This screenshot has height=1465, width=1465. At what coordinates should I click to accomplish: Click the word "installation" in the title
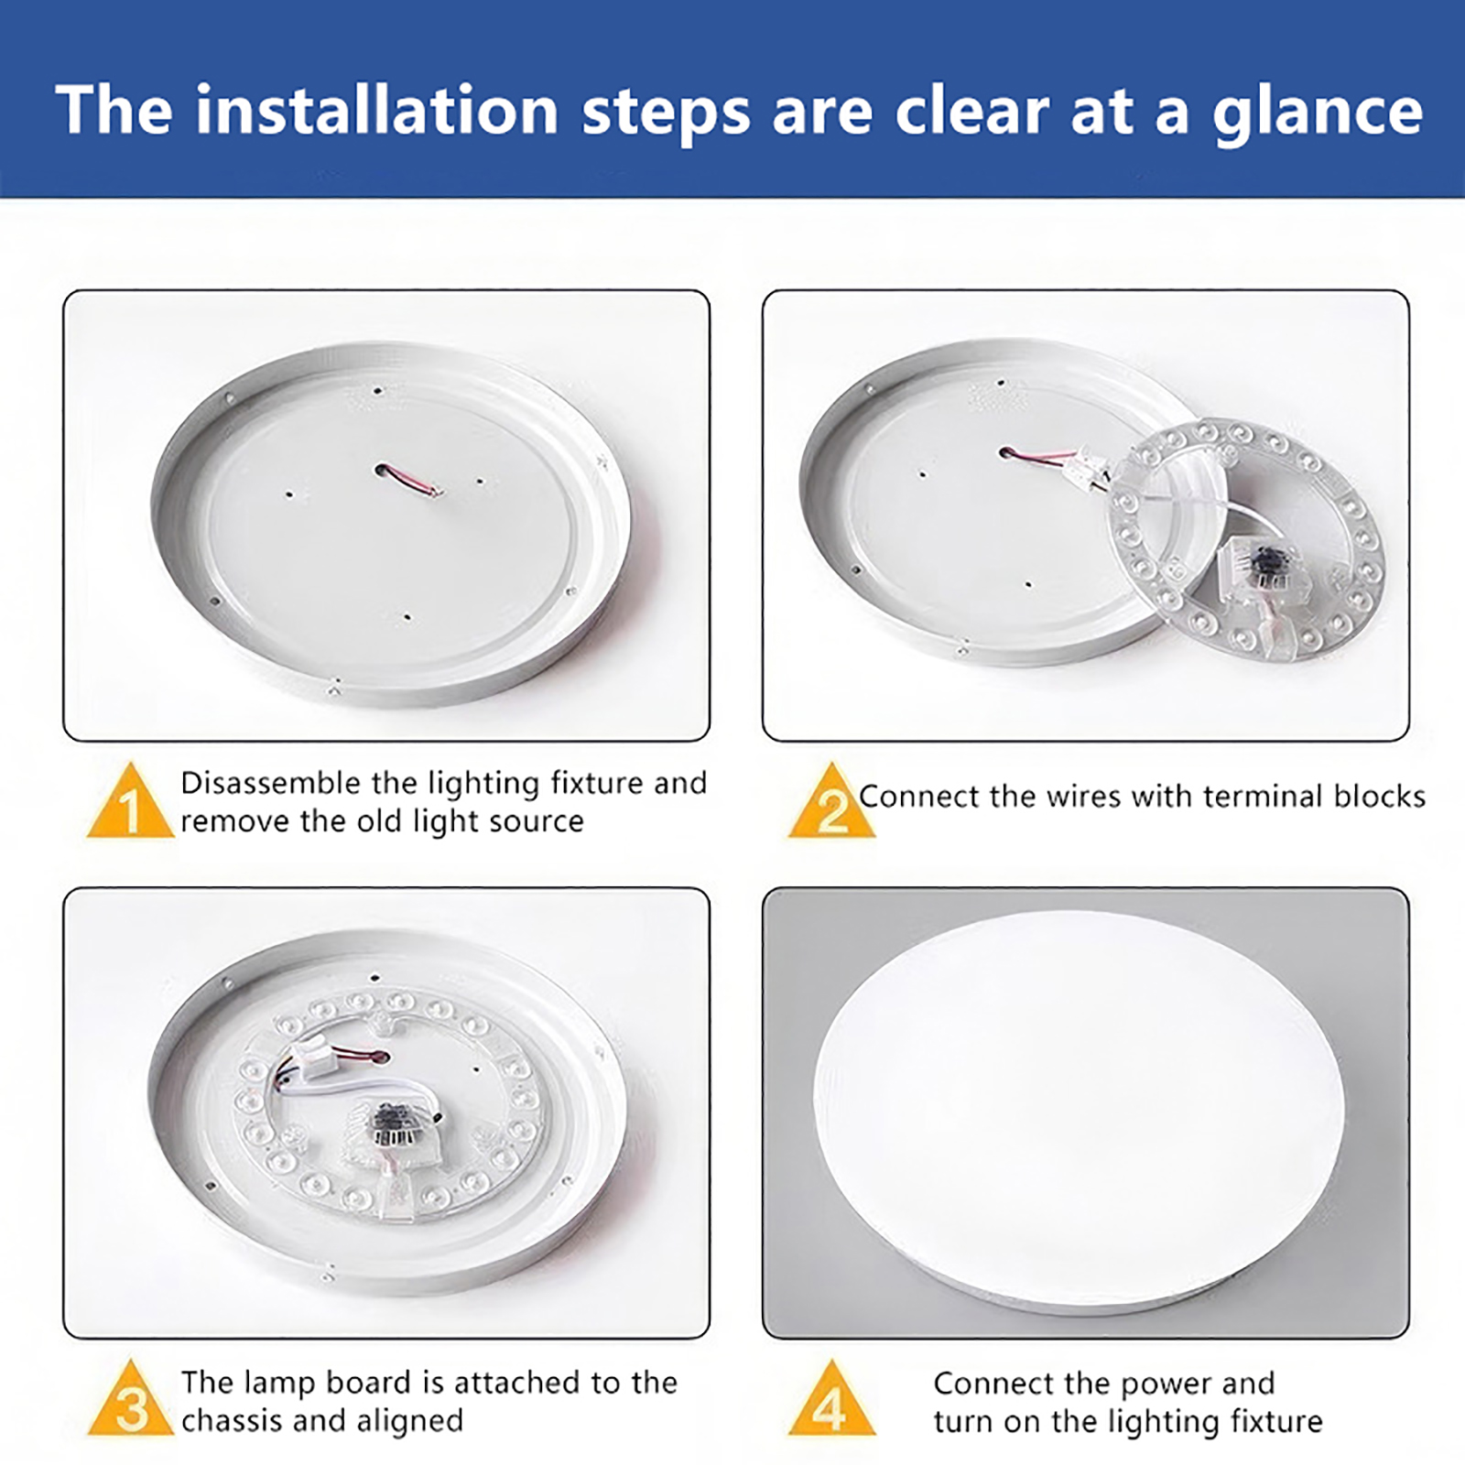tap(376, 110)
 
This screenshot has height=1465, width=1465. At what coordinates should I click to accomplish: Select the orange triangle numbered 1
tap(130, 802)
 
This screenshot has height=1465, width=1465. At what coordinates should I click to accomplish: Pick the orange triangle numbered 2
tap(831, 802)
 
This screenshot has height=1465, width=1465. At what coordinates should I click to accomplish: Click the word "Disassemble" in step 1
tap(271, 783)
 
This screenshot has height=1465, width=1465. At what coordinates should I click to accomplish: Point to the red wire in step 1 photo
tap(407, 480)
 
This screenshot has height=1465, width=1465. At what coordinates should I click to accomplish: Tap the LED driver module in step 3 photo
tap(394, 1126)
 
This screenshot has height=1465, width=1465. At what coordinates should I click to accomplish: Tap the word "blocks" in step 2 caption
tap(1380, 797)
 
